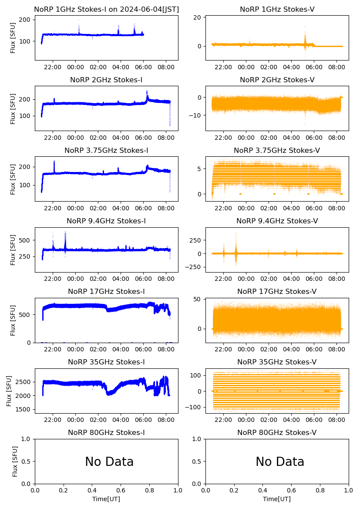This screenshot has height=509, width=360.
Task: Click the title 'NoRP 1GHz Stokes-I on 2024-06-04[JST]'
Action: coord(106,10)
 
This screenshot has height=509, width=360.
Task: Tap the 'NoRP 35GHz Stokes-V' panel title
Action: coord(277,362)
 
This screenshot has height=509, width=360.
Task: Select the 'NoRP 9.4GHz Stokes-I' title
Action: coord(106,221)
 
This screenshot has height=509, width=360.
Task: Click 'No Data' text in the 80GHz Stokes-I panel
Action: coord(109,462)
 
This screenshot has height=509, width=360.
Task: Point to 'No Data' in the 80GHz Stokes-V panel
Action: coord(280,462)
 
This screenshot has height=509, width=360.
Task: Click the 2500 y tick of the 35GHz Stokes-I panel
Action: coord(25,382)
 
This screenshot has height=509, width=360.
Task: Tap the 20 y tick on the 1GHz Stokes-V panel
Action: coord(197,17)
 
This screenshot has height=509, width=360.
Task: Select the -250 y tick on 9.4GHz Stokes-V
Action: coord(192,266)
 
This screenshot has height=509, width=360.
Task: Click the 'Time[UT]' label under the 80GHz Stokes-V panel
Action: coord(277,499)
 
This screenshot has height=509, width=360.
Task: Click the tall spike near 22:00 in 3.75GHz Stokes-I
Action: coord(54,162)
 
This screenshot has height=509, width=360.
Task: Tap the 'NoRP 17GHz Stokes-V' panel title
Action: coord(277,292)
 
